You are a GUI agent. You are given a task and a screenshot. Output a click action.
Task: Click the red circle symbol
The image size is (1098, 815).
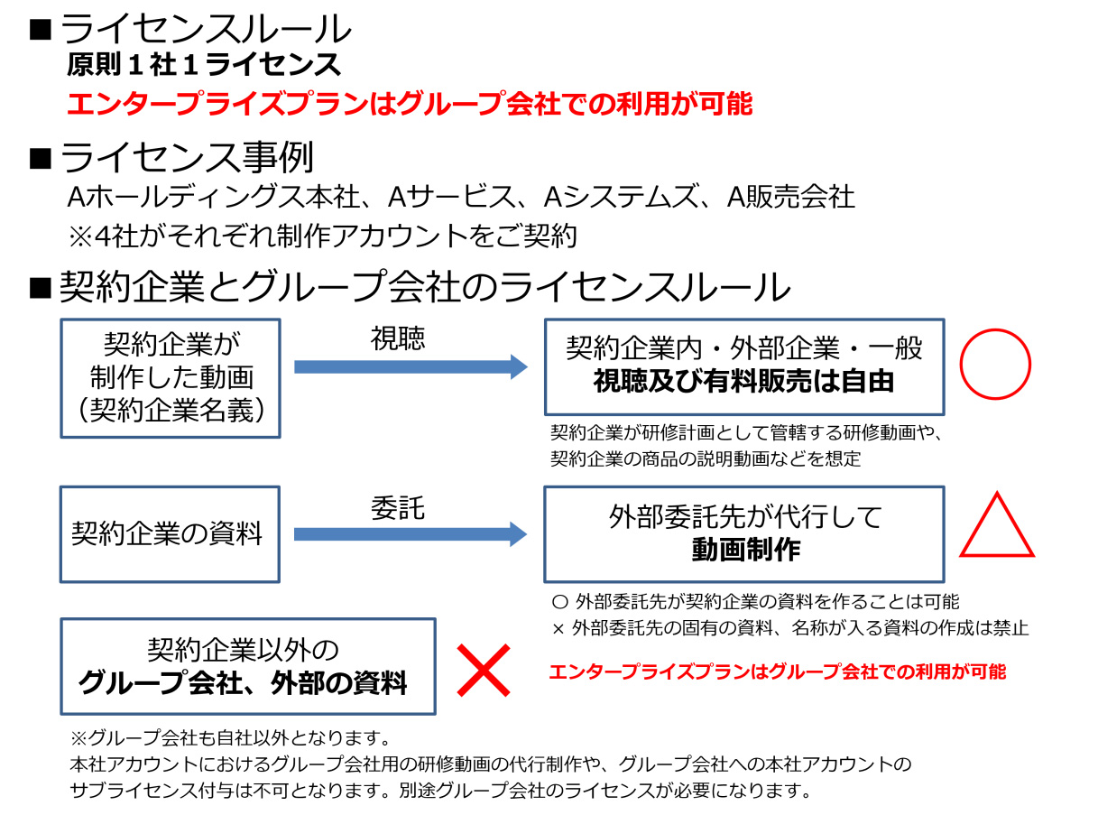click(994, 366)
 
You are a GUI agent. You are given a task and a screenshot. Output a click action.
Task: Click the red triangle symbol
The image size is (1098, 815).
click(996, 528)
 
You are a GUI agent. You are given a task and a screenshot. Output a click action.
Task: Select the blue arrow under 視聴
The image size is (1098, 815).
click(411, 366)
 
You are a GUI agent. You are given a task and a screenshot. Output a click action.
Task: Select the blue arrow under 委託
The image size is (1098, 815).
click(411, 534)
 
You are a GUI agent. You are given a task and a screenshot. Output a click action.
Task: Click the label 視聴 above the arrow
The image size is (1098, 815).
click(398, 338)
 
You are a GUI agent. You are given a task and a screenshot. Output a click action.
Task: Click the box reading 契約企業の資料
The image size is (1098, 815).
click(170, 533)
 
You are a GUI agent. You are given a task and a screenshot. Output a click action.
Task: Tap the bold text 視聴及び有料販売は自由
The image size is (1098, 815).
click(743, 382)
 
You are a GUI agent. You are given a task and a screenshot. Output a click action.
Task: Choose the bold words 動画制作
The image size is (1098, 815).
click(745, 550)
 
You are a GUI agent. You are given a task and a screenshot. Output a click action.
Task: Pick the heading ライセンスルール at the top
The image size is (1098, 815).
click(205, 31)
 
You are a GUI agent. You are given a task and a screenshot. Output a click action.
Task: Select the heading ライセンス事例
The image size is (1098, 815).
click(187, 159)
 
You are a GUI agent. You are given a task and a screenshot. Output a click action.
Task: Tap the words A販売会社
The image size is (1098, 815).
click(790, 197)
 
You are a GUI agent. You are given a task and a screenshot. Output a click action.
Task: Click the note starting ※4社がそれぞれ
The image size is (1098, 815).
click(322, 236)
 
